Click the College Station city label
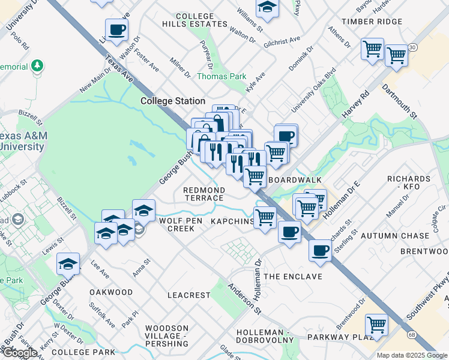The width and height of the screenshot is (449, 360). [173, 101]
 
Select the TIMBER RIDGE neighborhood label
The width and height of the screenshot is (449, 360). [372, 22]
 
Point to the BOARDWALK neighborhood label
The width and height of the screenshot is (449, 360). [295, 180]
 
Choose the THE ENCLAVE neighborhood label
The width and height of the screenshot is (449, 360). [293, 277]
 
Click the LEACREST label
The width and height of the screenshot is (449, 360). [189, 295]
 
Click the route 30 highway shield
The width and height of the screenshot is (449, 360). [412, 47]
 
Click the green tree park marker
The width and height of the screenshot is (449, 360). [37, 64]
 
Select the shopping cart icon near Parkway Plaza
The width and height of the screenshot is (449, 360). [376, 325]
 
